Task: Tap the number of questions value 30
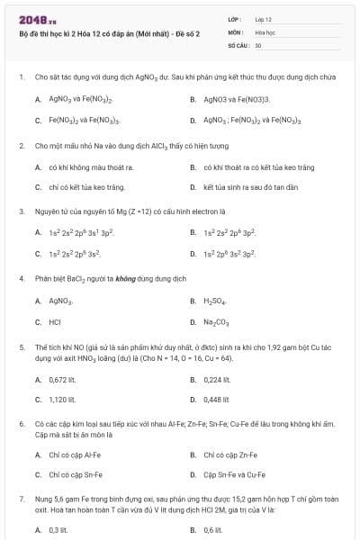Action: (258, 44)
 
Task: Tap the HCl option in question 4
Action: (55, 321)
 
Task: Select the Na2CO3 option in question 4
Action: (216, 321)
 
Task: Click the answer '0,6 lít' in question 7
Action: (212, 530)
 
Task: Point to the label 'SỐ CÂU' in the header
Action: (238, 44)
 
